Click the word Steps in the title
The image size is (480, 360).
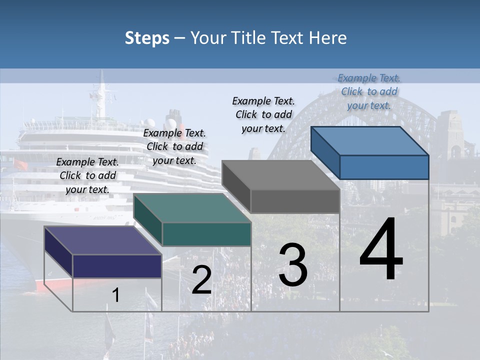click(x=147, y=38)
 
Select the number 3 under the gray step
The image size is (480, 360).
click(x=292, y=265)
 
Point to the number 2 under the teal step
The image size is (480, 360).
click(x=201, y=280)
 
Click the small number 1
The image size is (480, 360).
click(x=116, y=295)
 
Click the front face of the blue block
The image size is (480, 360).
click(x=384, y=167)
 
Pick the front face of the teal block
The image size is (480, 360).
click(x=206, y=234)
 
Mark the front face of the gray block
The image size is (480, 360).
click(x=295, y=201)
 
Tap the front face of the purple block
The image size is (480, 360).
click(x=117, y=265)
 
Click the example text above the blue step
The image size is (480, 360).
click(x=369, y=91)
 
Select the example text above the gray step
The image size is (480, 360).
click(x=263, y=114)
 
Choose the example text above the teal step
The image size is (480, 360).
click(x=174, y=146)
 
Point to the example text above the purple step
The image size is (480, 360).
click(x=87, y=175)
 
